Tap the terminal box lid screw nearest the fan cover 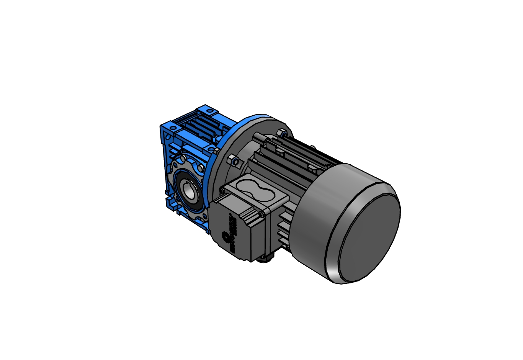click(x=261, y=214)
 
